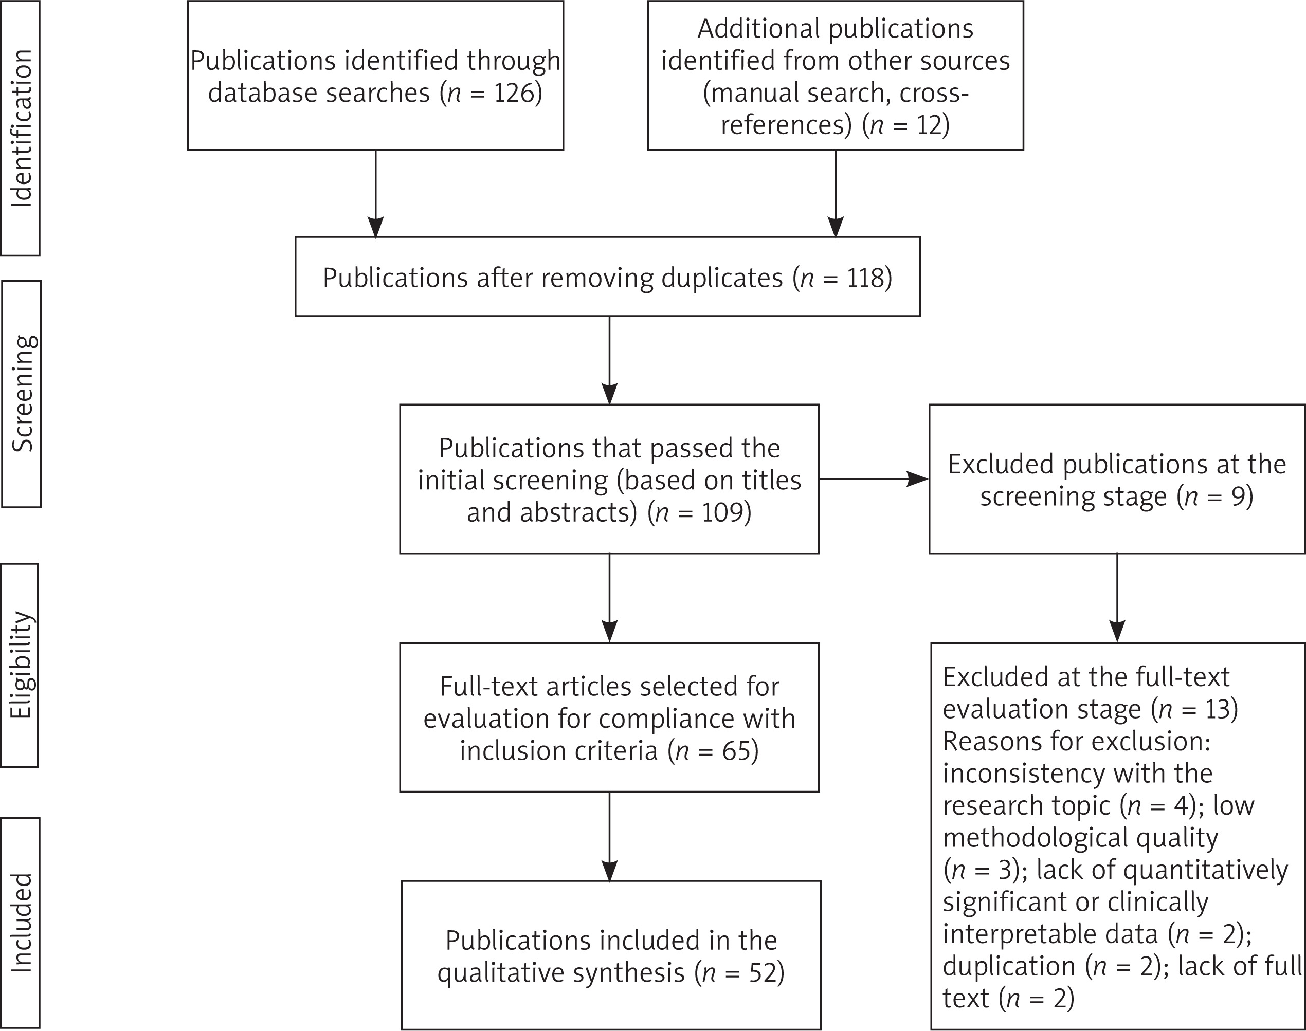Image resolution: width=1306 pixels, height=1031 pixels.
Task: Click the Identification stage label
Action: click(21, 128)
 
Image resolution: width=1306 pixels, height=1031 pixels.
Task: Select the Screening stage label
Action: click(23, 394)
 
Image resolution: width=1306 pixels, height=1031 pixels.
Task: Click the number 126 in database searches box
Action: click(513, 93)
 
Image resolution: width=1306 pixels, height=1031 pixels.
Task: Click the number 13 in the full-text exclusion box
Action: click(1216, 709)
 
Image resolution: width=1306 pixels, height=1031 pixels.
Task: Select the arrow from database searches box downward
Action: click(375, 194)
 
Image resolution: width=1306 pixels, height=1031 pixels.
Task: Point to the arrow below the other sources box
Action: click(835, 194)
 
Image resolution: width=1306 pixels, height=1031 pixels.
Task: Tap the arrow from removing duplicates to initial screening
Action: click(609, 360)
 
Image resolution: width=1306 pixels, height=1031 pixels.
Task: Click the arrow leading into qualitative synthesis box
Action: click(609, 837)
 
